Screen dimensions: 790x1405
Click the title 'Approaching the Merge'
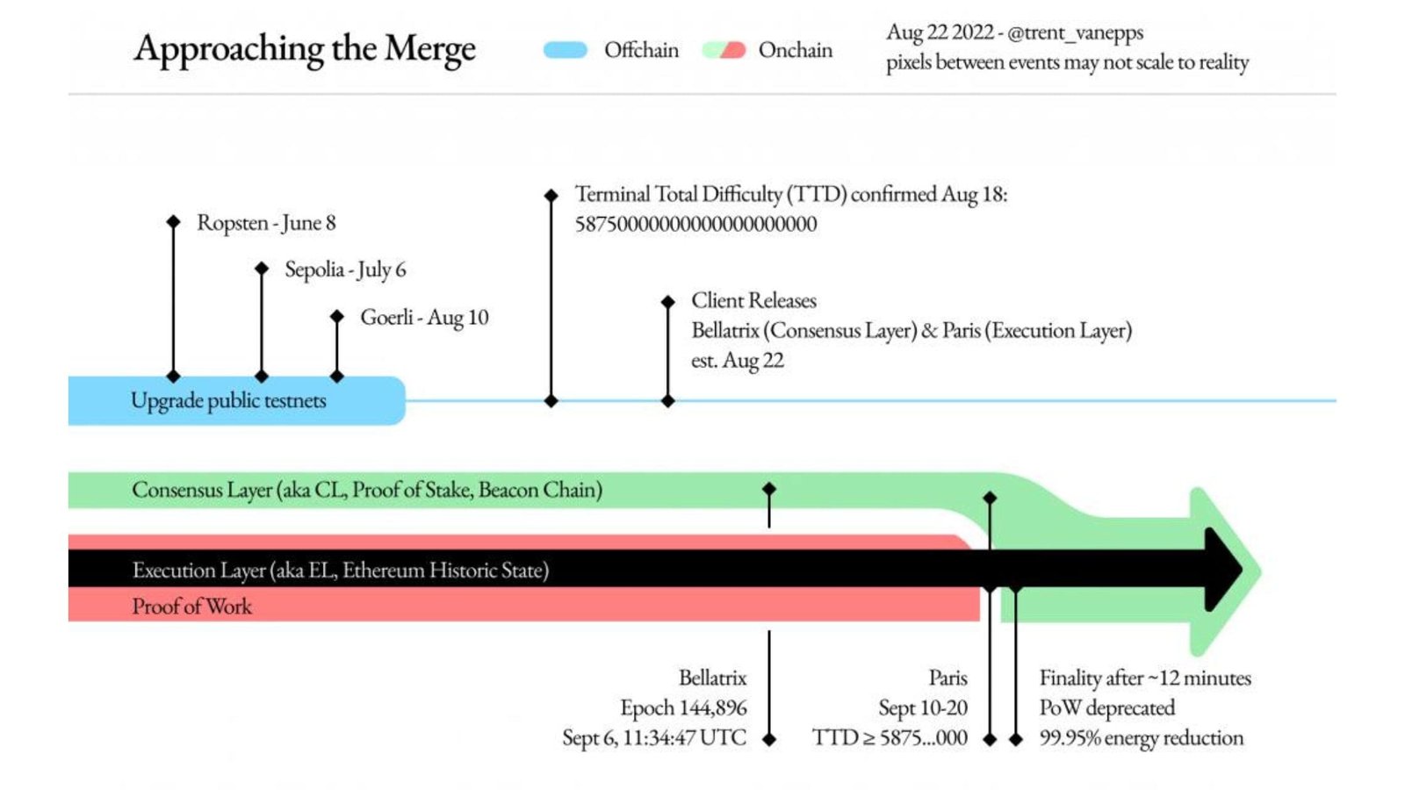pos(305,49)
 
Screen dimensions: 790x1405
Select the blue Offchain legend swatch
pos(565,50)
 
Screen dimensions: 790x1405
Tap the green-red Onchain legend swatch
pos(724,50)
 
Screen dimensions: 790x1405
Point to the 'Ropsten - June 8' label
pos(266,223)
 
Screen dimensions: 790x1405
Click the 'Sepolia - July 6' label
pos(345,269)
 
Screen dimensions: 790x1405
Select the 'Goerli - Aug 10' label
pos(424,317)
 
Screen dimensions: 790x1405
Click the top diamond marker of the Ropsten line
pos(173,222)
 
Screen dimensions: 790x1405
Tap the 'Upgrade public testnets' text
pos(228,400)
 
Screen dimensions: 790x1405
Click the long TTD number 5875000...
pos(695,224)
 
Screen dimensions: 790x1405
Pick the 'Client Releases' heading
pos(753,300)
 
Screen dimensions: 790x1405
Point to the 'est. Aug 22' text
pos(737,360)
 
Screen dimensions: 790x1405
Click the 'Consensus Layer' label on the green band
pos(366,490)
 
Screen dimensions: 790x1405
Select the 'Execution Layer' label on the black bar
pos(340,571)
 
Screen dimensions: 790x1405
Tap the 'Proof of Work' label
pos(191,606)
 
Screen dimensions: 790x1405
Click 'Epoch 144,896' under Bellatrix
pos(683,707)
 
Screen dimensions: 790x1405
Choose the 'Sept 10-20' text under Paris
pos(922,707)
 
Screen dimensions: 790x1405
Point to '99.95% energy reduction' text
pos(1141,737)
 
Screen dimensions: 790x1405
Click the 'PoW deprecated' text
pos(1106,707)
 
